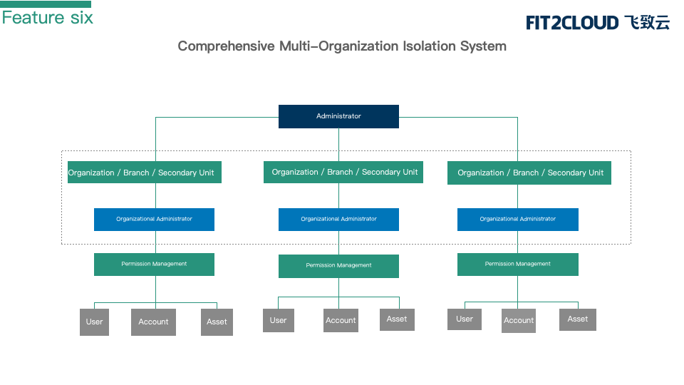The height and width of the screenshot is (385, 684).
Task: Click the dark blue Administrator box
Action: click(x=338, y=116)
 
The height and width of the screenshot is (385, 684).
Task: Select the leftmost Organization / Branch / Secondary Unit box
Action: click(x=145, y=173)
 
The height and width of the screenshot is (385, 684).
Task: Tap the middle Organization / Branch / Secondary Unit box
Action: click(x=343, y=172)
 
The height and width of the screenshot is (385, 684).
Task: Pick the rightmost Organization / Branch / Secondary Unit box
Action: click(x=529, y=173)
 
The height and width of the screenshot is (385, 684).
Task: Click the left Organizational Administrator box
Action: click(x=154, y=219)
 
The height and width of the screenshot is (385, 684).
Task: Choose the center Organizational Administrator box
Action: click(x=338, y=219)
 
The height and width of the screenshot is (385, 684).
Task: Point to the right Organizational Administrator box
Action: click(x=518, y=219)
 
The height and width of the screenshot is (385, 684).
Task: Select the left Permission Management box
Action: click(x=154, y=265)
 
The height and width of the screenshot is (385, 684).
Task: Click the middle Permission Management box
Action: click(x=338, y=266)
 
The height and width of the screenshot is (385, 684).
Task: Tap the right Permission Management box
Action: click(x=518, y=265)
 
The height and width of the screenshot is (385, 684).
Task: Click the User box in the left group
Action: click(x=94, y=322)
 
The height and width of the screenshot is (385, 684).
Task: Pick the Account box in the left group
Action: click(x=154, y=322)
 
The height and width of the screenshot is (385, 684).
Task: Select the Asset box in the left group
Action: click(x=217, y=322)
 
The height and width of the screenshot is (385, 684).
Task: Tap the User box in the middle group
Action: click(x=279, y=320)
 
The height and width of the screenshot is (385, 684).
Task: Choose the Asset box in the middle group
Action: click(x=397, y=319)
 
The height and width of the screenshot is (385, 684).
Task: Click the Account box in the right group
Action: click(x=519, y=321)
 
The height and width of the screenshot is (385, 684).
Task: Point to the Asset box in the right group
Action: click(x=578, y=319)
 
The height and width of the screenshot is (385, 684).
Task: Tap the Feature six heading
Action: click(x=48, y=18)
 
